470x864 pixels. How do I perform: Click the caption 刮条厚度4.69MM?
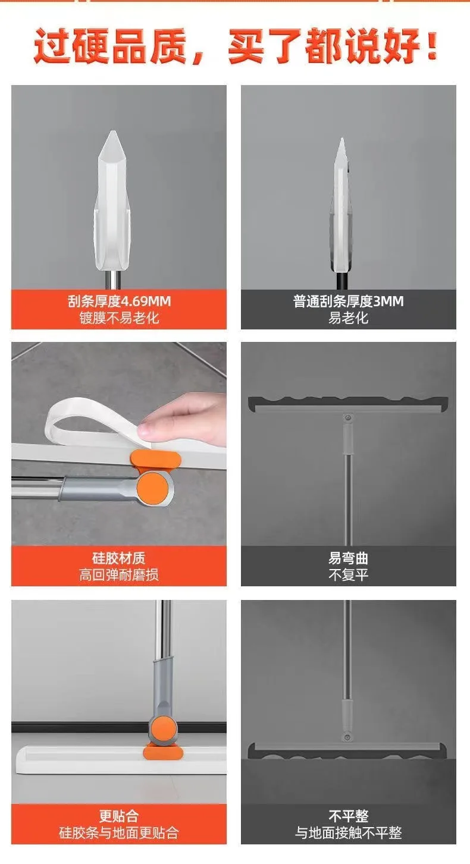click(119, 301)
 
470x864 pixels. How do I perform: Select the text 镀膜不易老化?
click(119, 318)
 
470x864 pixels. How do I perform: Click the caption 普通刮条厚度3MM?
click(348, 301)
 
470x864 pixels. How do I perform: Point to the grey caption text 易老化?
click(348, 318)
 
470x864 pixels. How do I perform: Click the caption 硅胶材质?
click(119, 558)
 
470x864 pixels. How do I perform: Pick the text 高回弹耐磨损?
click(119, 575)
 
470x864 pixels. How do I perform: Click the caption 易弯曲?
click(348, 558)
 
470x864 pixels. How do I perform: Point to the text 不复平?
click(348, 575)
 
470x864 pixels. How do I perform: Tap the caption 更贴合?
click(119, 815)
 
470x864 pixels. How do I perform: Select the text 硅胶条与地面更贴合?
click(119, 832)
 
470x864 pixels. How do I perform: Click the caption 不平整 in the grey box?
click(348, 815)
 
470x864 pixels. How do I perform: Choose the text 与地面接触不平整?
click(348, 832)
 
